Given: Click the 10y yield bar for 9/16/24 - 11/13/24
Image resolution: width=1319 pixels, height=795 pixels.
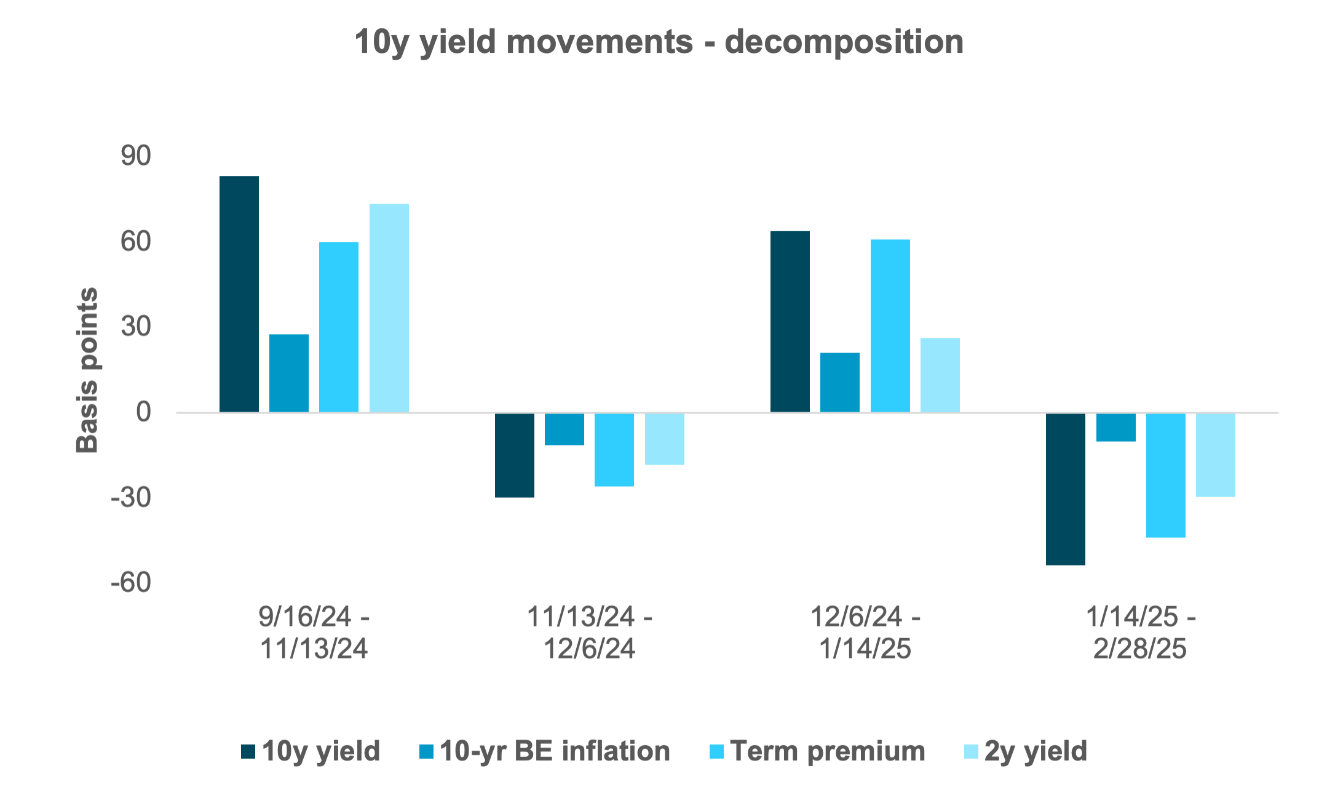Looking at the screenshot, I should [x=239, y=294].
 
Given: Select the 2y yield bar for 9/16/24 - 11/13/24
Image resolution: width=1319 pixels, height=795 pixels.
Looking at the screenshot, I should [x=389, y=308].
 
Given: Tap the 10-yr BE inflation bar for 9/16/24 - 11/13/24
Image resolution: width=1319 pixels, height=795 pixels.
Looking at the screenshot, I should [x=289, y=373].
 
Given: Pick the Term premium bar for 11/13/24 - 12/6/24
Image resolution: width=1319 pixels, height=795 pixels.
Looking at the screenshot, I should [x=614, y=450].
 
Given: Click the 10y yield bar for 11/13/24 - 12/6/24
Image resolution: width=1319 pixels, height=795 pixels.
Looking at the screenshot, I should [x=514, y=455].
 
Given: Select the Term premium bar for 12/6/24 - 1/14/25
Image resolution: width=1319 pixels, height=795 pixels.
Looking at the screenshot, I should [x=890, y=326].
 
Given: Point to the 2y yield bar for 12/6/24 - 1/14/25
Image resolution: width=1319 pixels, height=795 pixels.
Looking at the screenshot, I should [x=940, y=375].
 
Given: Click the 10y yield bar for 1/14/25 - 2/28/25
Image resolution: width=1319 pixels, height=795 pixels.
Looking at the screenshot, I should [x=1065, y=489].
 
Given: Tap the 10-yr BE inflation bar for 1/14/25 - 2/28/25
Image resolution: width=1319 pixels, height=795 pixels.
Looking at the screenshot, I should [x=1115, y=428].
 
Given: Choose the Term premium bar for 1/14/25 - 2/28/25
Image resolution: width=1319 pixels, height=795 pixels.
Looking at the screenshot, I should [x=1165, y=476].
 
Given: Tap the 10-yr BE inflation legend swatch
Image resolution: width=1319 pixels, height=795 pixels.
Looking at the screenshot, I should [x=426, y=751].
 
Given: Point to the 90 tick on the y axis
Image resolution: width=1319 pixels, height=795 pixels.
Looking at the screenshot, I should [x=136, y=156].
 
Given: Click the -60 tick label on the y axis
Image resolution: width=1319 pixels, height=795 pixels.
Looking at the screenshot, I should [x=130, y=582].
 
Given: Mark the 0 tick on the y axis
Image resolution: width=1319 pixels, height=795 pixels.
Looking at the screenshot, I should [x=143, y=412].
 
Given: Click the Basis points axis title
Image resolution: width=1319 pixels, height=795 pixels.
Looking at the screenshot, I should [x=87, y=370].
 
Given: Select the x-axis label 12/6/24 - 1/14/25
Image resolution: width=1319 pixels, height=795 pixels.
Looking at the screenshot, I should [x=865, y=633].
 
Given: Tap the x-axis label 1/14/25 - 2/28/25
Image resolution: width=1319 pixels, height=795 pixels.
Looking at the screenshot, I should [x=1140, y=633].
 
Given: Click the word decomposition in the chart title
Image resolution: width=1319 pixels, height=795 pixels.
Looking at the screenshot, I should [x=844, y=42].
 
